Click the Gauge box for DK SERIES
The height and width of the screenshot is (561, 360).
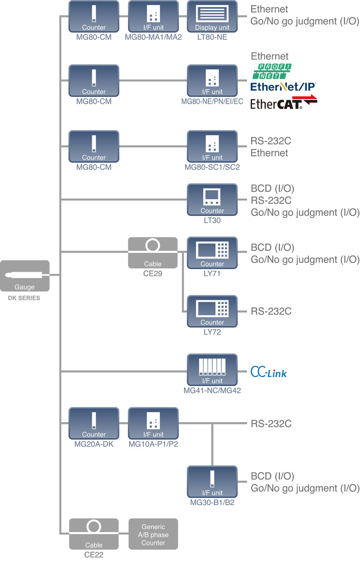pos(24,276)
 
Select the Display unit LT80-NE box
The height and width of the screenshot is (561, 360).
pos(212,16)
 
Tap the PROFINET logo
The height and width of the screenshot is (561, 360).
pos(272,71)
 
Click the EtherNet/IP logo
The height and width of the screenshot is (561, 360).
pos(283,87)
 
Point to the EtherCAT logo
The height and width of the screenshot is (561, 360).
pos(283,103)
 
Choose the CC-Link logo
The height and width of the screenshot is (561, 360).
pos(269,372)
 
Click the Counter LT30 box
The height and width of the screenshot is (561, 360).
pos(212,199)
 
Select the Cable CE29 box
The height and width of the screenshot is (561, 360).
pos(153,253)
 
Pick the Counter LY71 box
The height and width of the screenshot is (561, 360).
pos(212,252)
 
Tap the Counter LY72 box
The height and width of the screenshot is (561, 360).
pos(212,311)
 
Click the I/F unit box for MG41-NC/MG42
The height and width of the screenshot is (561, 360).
pos(212,369)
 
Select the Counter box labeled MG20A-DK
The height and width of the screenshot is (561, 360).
pos(94,423)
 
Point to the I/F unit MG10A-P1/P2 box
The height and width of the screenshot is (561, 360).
pos(153,423)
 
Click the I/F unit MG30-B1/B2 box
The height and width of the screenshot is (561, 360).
pos(212,481)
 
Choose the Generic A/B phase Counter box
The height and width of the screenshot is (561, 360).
pos(153,534)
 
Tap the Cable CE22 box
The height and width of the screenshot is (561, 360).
pos(94,534)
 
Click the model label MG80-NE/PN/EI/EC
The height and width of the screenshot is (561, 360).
pos(212,102)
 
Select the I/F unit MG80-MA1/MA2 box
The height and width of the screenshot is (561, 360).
pos(153,16)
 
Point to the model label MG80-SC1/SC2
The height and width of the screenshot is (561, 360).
pos(212,167)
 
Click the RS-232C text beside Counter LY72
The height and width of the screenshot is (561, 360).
pos(271,311)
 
